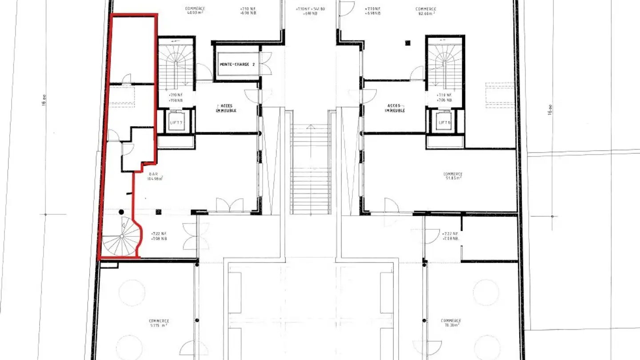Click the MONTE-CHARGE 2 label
tap(237, 64)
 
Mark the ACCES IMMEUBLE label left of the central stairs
tap(226, 108)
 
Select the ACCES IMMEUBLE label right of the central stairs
tap(395, 108)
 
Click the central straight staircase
tap(311, 169)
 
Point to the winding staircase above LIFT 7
tap(176, 64)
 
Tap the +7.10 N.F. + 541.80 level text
tap(310, 9)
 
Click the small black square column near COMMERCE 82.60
tap(408, 43)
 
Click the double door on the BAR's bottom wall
tap(229, 205)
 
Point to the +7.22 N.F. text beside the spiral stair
tap(159, 233)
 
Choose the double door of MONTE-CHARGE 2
tap(266, 64)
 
